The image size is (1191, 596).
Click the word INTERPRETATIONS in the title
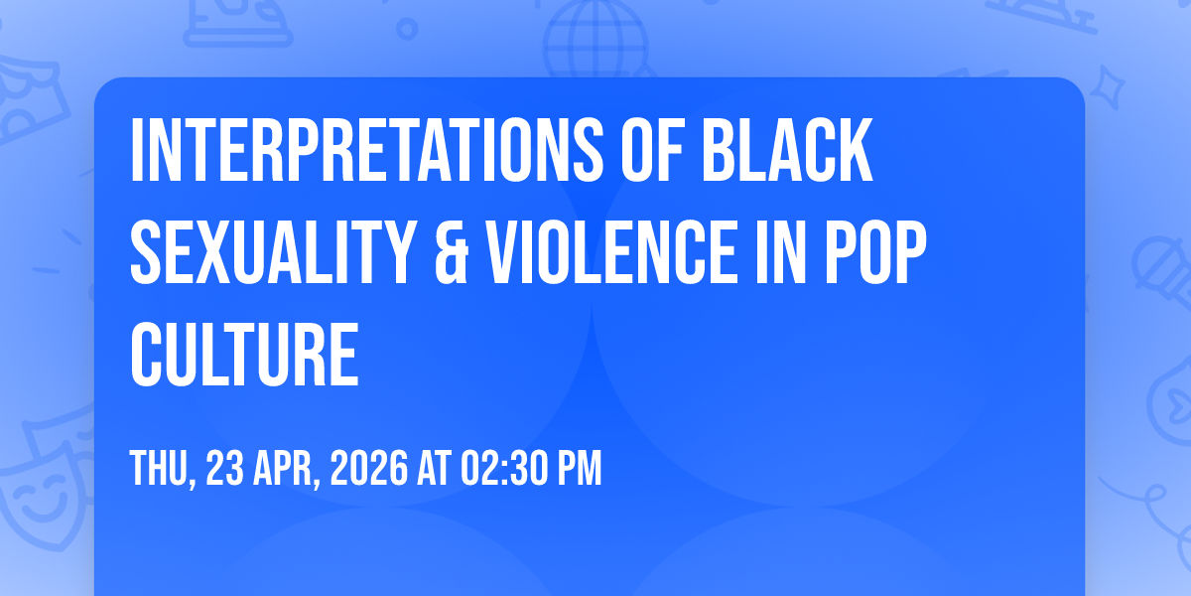tap(367, 151)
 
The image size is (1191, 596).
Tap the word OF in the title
tap(652, 151)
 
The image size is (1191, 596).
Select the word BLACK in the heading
tap(787, 151)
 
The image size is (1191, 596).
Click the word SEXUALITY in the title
tap(273, 252)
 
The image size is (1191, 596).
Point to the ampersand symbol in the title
tap(452, 252)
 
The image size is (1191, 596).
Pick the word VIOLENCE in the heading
tap(611, 252)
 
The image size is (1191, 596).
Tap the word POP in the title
tap(875, 252)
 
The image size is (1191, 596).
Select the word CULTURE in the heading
tap(244, 354)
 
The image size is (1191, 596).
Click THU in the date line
tap(160, 469)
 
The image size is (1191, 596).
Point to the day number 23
tap(224, 468)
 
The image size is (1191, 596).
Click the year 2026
tap(369, 468)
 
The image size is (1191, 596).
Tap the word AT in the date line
tap(435, 468)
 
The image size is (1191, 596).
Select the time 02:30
tap(504, 468)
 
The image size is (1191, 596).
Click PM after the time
tap(579, 468)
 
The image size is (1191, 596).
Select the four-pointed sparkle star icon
tap(1108, 87)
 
